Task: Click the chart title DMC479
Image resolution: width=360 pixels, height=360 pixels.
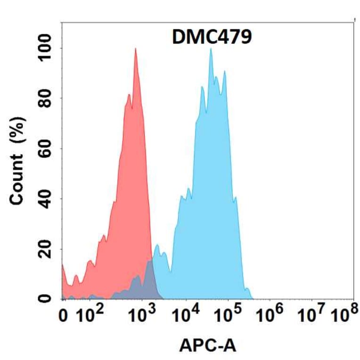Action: [x=212, y=37]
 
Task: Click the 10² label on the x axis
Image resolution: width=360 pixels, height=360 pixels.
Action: [x=90, y=315]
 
